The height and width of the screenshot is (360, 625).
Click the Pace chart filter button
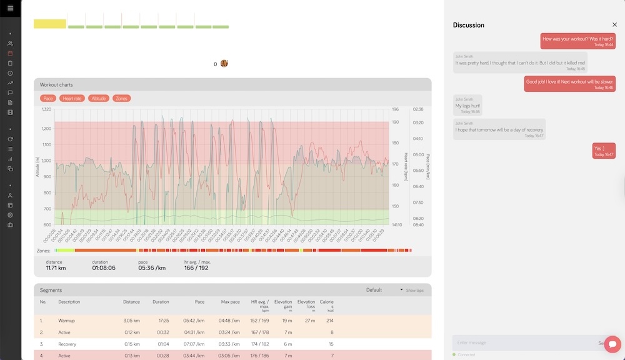(x=48, y=98)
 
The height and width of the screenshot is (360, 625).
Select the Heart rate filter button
(x=72, y=98)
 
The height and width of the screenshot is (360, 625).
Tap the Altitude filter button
(x=99, y=98)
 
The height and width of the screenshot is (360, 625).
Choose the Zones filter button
(x=121, y=98)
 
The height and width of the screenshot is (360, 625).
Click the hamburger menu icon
(x=10, y=8)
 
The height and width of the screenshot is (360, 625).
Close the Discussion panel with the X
(x=614, y=25)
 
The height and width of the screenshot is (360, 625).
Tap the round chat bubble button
(x=612, y=344)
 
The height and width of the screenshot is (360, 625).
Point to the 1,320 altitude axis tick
(x=46, y=109)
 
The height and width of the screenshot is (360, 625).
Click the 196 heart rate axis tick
(x=395, y=109)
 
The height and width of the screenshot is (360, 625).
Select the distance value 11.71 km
(x=56, y=268)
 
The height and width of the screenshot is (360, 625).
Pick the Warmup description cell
(x=67, y=320)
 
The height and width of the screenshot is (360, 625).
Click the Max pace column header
(x=230, y=302)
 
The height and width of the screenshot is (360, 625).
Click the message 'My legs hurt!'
(x=467, y=106)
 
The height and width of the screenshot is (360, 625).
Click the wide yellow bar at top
(x=49, y=24)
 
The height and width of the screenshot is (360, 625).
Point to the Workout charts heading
(x=58, y=84)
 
